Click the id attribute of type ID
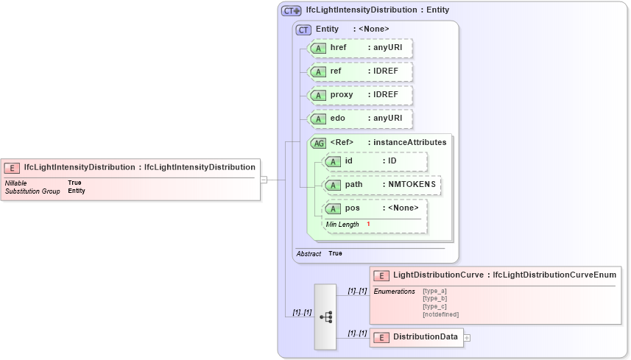point(376,161)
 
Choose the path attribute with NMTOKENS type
point(382,185)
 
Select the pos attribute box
point(376,208)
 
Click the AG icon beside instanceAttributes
point(319,143)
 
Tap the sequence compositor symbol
point(325,317)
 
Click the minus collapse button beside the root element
point(263,179)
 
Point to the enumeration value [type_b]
point(434,298)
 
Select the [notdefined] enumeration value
point(440,314)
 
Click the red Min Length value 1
point(368,224)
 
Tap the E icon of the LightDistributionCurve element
point(381,275)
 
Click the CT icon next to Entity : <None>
point(303,29)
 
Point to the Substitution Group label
point(32,191)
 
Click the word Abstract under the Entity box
point(309,253)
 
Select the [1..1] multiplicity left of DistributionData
point(357,333)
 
